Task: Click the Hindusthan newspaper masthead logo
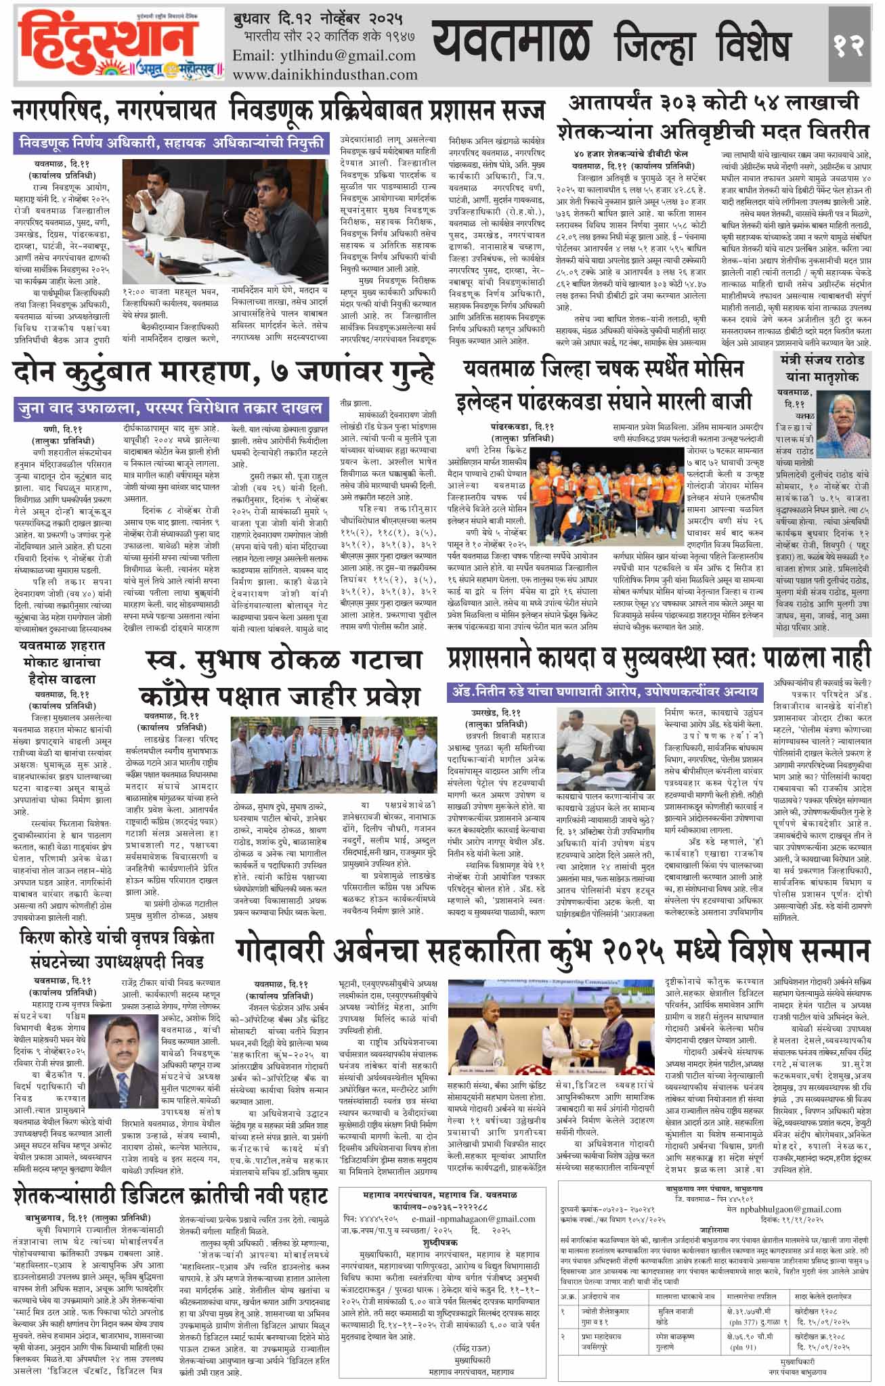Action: (118, 44)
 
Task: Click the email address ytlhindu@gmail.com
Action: (324, 56)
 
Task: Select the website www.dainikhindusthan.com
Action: (324, 74)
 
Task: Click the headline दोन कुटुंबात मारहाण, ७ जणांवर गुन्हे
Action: (223, 374)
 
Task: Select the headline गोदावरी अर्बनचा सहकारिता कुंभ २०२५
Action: (552, 951)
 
